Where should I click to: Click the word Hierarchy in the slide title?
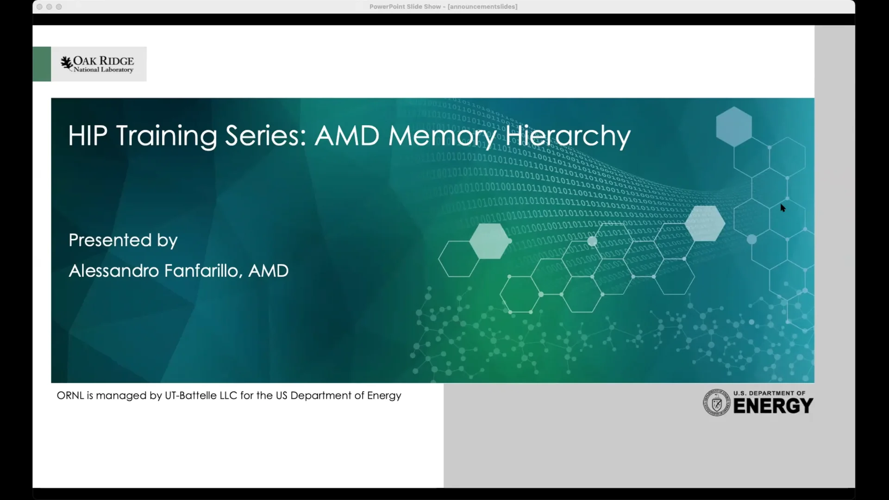[568, 136]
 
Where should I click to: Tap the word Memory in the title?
[442, 136]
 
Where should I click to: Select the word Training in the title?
[166, 136]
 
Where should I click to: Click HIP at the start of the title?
[88, 136]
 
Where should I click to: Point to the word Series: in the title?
[265, 136]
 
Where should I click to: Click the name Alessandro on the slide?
[114, 271]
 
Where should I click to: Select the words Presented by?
[123, 240]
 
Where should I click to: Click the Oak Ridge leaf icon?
[67, 63]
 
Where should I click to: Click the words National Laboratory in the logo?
[103, 70]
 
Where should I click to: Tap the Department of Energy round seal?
[716, 402]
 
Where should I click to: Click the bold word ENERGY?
[773, 406]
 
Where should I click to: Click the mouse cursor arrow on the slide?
[783, 208]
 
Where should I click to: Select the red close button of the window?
[39, 7]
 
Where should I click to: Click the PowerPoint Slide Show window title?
[443, 7]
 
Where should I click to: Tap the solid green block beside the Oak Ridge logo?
[42, 64]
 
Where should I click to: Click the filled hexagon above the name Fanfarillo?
[489, 241]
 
